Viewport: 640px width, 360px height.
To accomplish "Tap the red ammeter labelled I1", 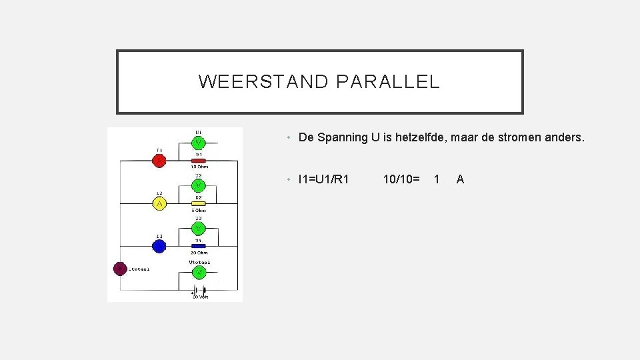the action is point(159,161).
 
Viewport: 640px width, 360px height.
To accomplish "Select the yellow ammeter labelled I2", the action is point(159,203).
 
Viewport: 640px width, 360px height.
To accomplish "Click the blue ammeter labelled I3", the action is point(159,247).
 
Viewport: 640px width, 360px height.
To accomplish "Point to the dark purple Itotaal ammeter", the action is point(120,269).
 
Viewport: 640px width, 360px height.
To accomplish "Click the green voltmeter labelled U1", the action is point(199,143).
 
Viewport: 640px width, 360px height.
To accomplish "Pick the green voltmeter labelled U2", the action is point(199,185).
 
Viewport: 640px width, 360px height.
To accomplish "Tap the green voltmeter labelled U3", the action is point(199,228).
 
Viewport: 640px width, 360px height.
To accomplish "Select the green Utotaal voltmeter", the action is point(199,271).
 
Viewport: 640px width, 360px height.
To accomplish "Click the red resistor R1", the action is point(199,161).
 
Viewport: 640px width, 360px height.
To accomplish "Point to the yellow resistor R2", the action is point(199,203).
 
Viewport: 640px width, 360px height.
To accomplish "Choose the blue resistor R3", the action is point(199,246).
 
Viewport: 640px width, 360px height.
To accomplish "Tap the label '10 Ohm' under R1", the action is point(199,167).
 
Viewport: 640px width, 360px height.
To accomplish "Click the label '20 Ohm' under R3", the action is point(199,253).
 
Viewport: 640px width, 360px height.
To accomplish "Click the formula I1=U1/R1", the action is point(324,179).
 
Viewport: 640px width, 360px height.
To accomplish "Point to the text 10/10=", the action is point(401,179).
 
